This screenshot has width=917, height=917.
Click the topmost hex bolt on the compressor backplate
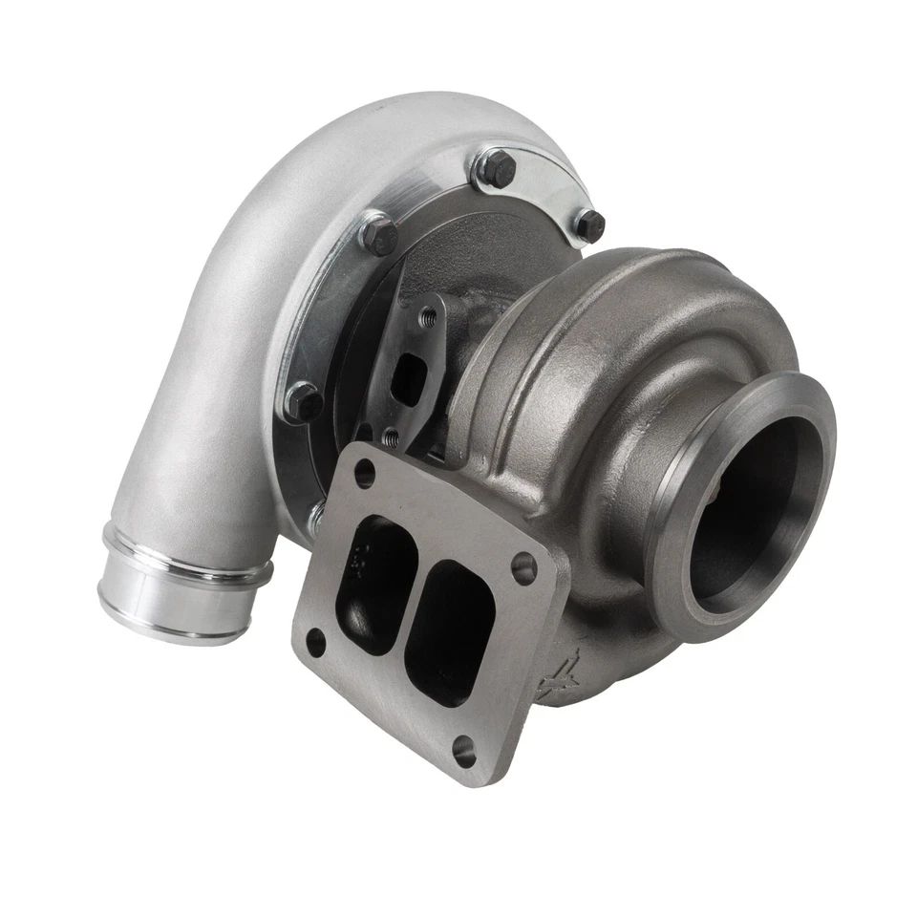click(x=497, y=169)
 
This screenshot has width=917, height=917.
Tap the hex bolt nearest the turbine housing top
click(x=589, y=225)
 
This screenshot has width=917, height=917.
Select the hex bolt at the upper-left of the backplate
click(x=379, y=234)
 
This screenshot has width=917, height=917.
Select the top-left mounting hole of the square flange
click(x=364, y=471)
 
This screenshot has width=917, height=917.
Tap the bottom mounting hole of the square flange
click(x=465, y=751)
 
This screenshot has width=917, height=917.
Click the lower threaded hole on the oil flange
click(x=390, y=437)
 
